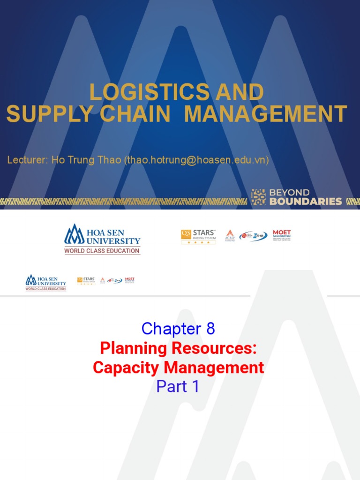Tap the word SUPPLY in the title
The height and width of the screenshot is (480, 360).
41,114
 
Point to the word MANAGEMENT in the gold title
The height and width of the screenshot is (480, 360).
266,114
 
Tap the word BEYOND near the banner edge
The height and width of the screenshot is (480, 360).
289,193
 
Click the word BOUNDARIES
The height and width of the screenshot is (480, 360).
305,202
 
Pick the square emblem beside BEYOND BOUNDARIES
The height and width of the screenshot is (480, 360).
258,197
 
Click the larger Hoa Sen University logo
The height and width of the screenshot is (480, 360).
102,239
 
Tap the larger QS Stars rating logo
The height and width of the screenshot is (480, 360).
198,236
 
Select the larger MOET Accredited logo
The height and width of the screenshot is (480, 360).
282,235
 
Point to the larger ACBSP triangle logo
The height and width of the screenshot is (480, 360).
230,235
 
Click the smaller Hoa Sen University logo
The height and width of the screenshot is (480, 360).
45,283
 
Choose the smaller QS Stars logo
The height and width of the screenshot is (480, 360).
86,281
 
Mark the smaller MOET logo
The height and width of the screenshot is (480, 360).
129,280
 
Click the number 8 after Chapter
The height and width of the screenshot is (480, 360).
210,329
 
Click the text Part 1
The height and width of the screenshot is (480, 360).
178,387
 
